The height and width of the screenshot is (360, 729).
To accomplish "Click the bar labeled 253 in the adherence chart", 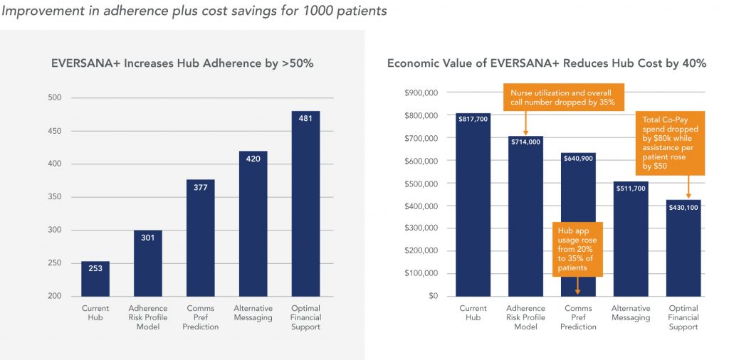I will [95, 278].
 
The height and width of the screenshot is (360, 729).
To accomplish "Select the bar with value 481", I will [305, 206].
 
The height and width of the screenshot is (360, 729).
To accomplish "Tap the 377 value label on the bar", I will [200, 189].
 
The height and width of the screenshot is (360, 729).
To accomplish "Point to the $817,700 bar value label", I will [473, 120].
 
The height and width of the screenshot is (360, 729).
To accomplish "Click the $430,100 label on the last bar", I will [683, 207].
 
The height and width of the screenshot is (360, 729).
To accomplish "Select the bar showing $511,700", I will [631, 242].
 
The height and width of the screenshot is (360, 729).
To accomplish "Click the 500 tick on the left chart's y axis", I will [54, 97].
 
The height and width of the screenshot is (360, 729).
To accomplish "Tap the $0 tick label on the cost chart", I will [433, 296].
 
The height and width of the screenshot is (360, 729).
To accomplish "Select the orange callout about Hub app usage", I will [577, 248].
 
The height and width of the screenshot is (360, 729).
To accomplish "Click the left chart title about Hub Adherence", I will [182, 63].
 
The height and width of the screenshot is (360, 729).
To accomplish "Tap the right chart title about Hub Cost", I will [546, 63].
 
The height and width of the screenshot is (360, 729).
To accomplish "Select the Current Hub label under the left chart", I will [95, 312].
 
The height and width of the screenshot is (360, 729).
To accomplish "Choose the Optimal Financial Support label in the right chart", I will [683, 317].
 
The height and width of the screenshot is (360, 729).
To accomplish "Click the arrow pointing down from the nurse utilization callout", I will [525, 124].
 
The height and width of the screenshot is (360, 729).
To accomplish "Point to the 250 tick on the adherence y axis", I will [54, 263].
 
